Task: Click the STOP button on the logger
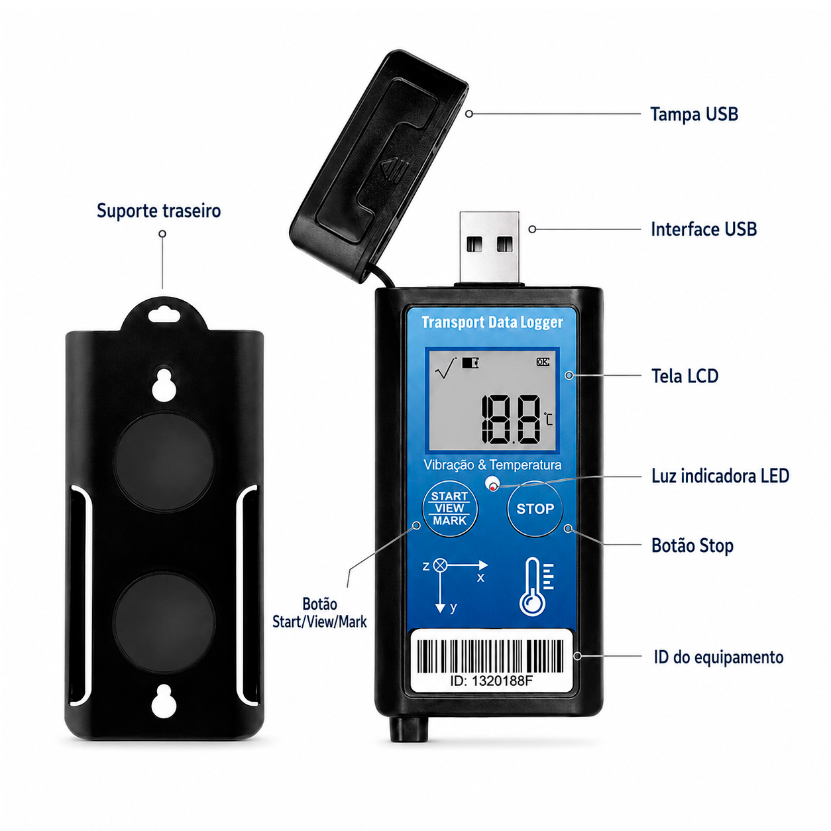535,509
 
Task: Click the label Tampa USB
694,114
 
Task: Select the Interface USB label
704,229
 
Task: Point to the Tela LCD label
685,376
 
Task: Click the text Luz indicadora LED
720,476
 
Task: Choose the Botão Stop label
692,545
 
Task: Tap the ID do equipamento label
718,657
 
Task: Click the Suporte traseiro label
158,211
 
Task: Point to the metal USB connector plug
489,247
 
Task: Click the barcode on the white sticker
490,656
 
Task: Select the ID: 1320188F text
491,681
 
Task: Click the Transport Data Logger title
492,322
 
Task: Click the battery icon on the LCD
471,362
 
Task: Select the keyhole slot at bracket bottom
164,700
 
